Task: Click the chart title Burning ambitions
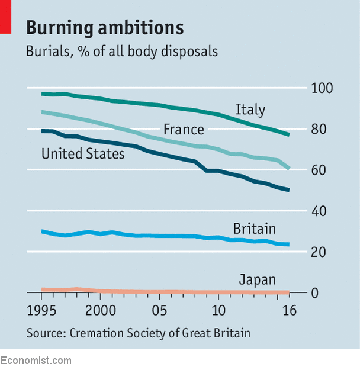click(x=104, y=27)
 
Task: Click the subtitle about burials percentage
click(x=121, y=52)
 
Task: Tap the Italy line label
click(x=250, y=110)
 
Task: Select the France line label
click(x=184, y=130)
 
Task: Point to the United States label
click(x=83, y=154)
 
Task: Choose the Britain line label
click(x=254, y=229)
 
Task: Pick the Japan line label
click(x=257, y=280)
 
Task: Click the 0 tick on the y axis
click(x=316, y=293)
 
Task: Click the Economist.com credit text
click(x=36, y=360)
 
